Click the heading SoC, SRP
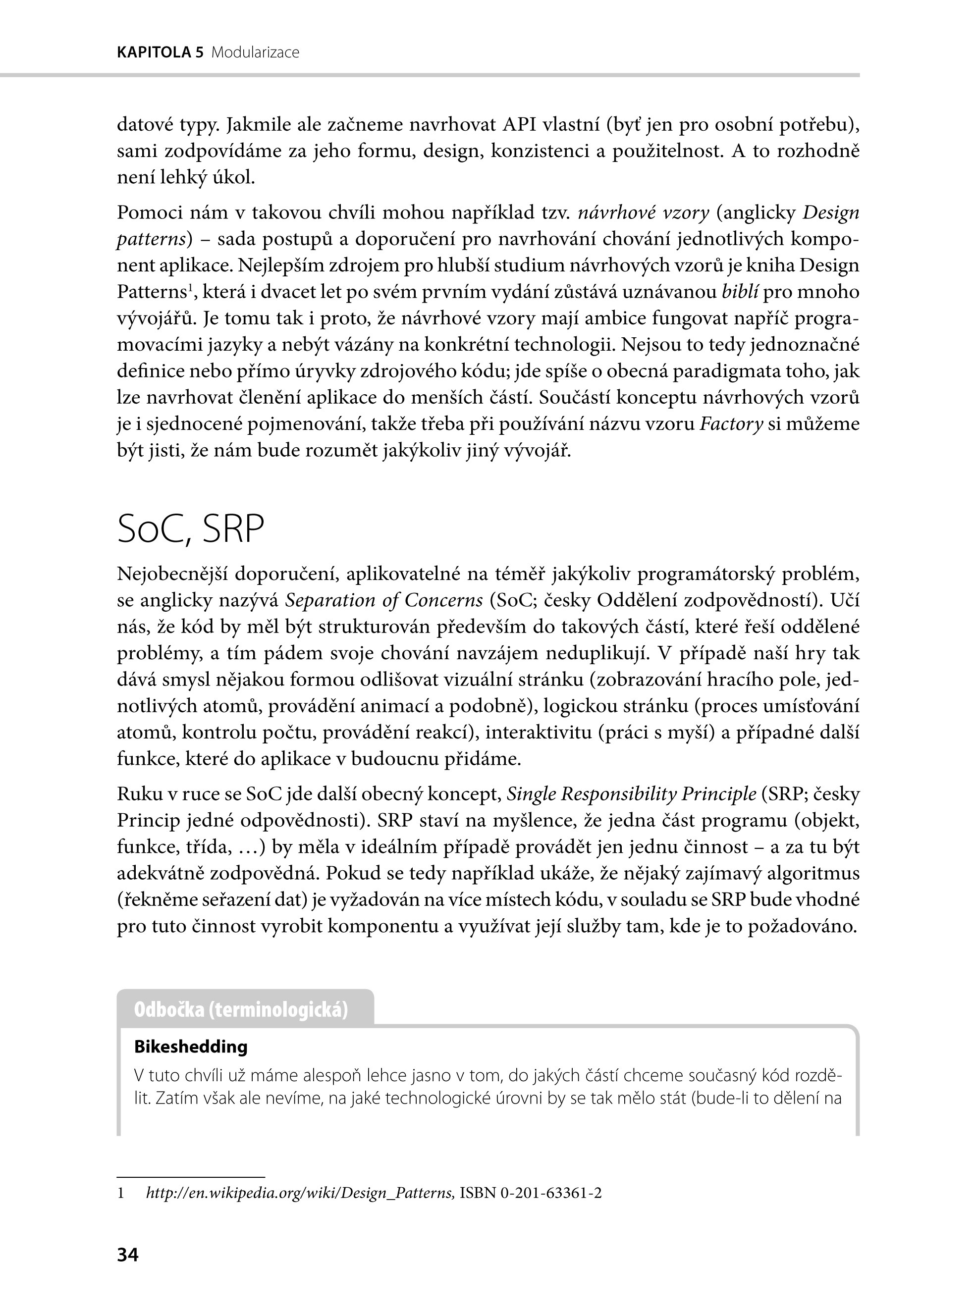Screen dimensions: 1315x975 tap(190, 529)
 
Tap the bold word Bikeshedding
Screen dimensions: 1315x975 tap(191, 1047)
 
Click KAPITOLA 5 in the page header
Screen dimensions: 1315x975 tap(160, 53)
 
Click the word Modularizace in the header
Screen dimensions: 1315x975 tap(255, 53)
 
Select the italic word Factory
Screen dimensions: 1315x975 tap(731, 424)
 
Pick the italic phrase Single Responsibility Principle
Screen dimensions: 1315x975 tap(632, 794)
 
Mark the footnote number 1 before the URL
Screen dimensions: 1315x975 tap(121, 1193)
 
